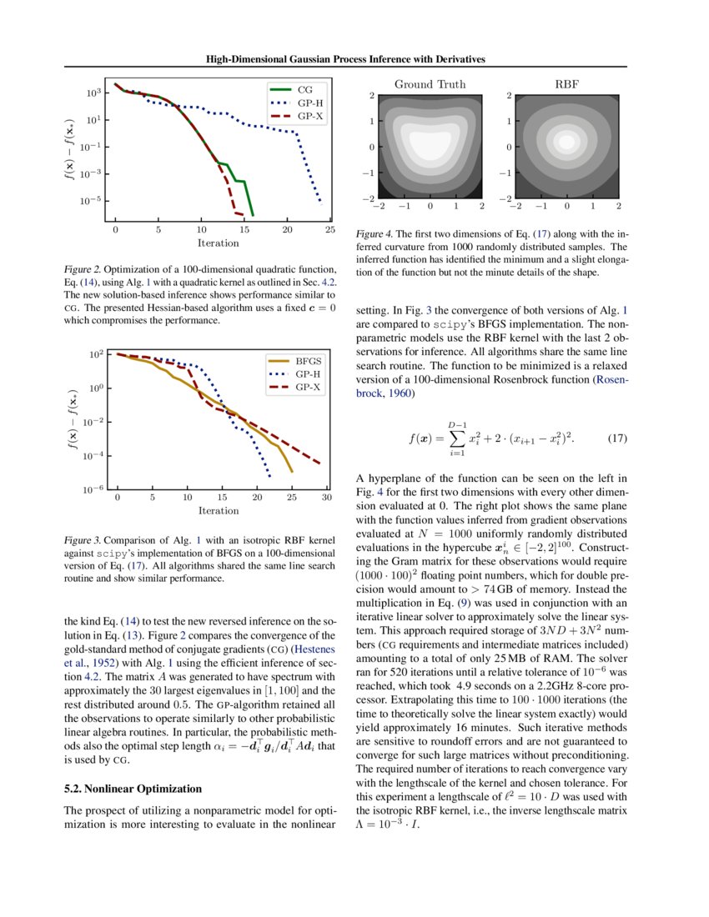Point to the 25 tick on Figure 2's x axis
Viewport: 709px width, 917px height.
click(330, 229)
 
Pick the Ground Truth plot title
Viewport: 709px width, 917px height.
click(430, 84)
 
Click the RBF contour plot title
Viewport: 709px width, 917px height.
click(566, 84)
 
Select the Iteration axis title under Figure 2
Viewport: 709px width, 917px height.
click(218, 243)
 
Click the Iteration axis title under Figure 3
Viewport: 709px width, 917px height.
click(219, 511)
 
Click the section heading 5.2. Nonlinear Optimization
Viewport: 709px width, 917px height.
click(133, 788)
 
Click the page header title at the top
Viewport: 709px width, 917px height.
click(345, 59)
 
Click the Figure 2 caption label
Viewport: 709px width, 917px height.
click(85, 270)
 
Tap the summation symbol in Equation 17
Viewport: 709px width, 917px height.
click(456, 438)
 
